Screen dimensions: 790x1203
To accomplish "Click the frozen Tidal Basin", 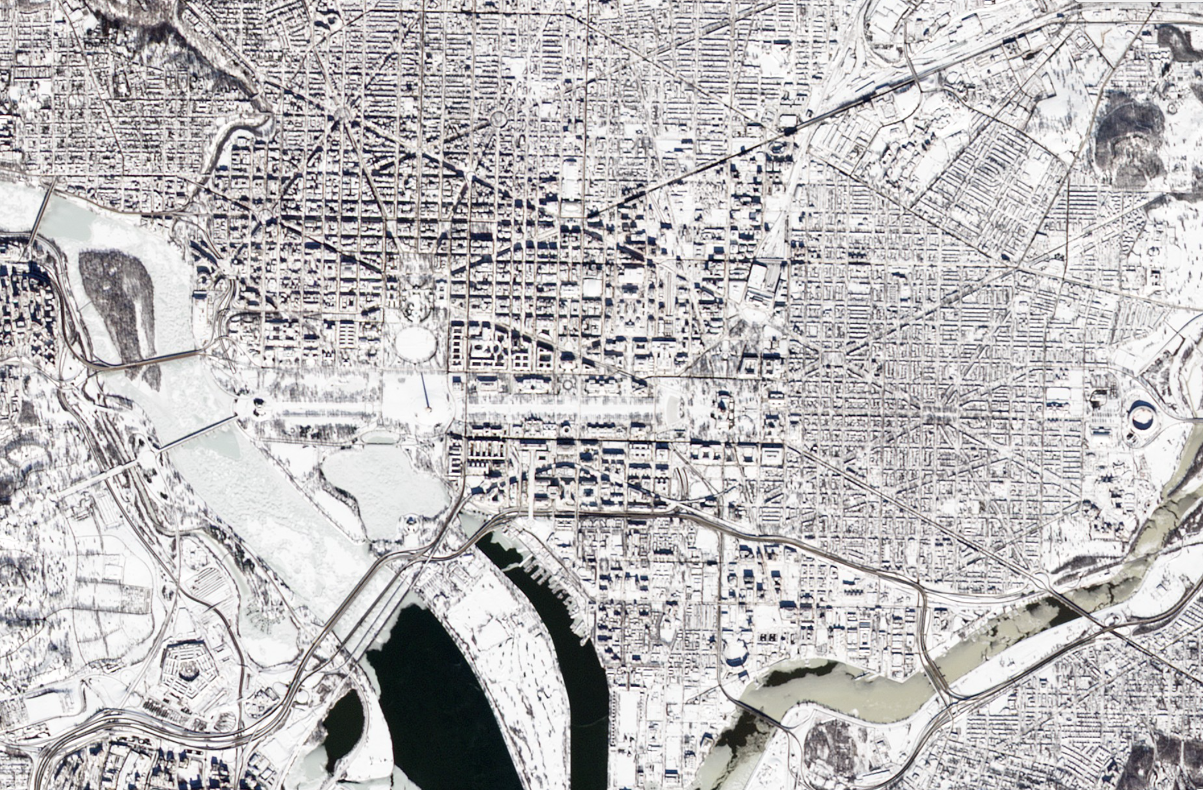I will point(382,483).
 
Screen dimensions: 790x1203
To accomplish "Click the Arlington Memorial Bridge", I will point(197,433).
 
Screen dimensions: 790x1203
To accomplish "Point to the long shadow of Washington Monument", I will point(425,391).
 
